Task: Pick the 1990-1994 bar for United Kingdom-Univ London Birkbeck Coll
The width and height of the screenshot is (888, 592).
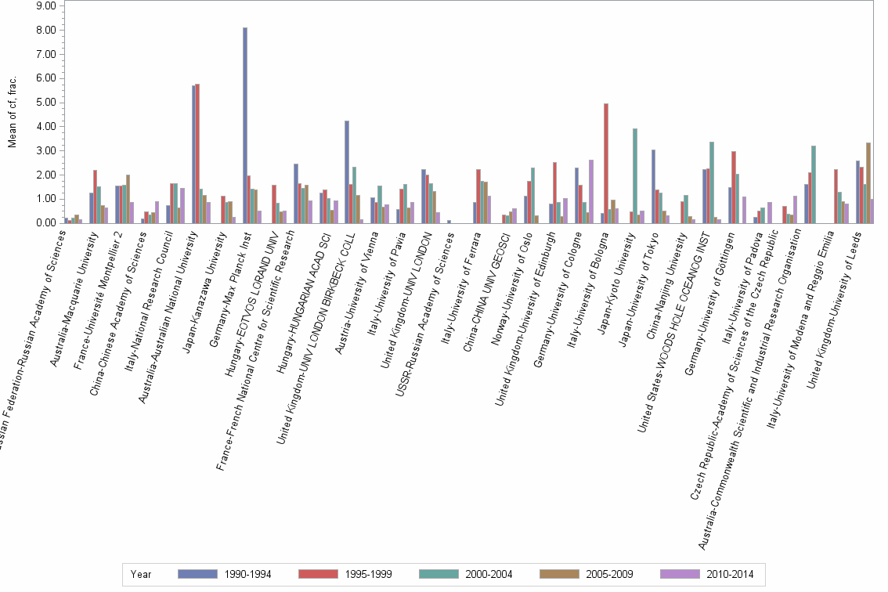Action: (347, 171)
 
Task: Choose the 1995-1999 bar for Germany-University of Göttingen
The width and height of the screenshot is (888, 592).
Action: (734, 187)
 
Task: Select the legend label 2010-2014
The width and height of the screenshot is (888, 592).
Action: (730, 575)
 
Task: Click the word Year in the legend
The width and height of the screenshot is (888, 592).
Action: (141, 575)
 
